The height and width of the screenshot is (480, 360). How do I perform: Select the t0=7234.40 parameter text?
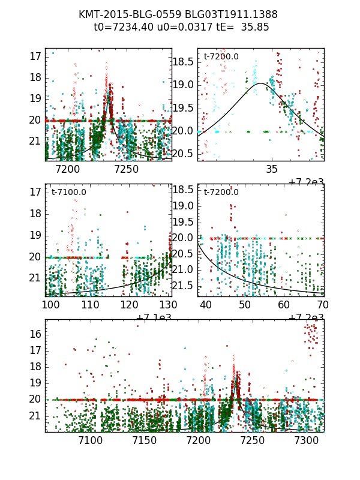[x=119, y=27]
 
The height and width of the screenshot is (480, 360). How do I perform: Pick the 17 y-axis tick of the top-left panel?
[x=34, y=56]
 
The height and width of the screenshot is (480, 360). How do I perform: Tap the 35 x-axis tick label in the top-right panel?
[x=272, y=170]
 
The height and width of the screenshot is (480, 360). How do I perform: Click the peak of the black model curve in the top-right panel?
[x=262, y=83]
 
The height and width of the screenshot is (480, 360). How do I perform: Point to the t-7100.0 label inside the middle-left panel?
[x=68, y=192]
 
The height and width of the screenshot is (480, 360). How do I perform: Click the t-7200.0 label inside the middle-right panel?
[x=221, y=192]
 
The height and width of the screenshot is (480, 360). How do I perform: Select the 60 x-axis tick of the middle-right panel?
[x=284, y=305]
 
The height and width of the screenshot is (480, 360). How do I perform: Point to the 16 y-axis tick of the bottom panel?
[x=34, y=334]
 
